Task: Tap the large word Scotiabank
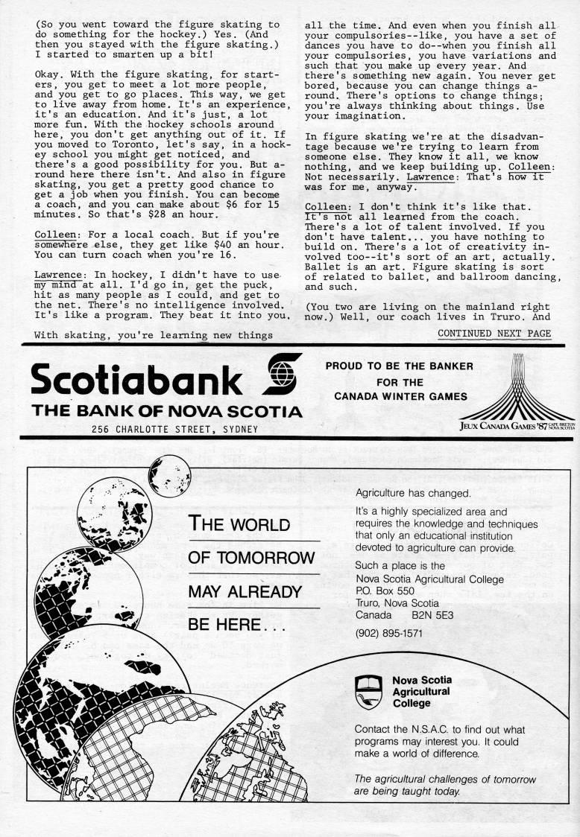[136, 380]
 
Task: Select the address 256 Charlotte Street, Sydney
[175, 429]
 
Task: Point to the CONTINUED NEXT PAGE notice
[494, 333]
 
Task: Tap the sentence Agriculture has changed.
[413, 493]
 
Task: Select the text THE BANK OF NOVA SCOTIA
[166, 411]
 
